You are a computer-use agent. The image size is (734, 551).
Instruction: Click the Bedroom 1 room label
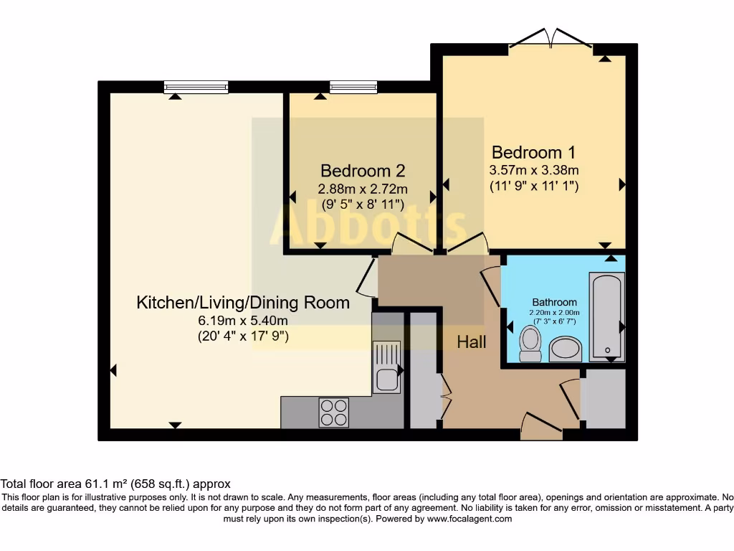[x=533, y=152]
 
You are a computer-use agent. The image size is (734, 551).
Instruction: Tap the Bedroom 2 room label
[x=363, y=171]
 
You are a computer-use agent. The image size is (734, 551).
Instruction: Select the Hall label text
[x=472, y=342]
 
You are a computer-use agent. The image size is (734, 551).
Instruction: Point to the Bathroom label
[x=554, y=302]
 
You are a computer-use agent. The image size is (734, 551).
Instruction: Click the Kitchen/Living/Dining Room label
[x=243, y=302]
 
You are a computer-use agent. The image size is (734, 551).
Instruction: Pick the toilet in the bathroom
[x=531, y=344]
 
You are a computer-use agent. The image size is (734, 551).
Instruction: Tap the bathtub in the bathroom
[x=607, y=316]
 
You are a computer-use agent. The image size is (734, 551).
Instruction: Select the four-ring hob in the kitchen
[x=334, y=413]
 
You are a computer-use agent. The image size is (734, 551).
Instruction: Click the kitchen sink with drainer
[x=386, y=367]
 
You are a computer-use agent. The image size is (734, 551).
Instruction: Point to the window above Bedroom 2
[x=353, y=88]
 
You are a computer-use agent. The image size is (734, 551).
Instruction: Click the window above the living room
[x=196, y=88]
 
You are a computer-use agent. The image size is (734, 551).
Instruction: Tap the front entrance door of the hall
[x=541, y=427]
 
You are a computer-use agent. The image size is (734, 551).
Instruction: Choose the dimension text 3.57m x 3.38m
[x=533, y=170]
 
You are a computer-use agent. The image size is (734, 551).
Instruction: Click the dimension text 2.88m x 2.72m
[x=363, y=189]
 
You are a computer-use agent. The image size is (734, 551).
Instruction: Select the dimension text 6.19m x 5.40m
[x=243, y=321]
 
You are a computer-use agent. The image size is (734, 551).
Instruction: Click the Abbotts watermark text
[x=368, y=224]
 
